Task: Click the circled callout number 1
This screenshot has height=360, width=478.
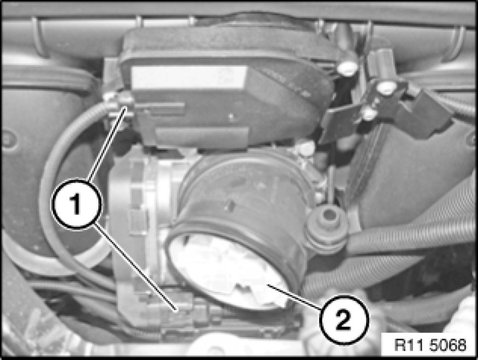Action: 76,204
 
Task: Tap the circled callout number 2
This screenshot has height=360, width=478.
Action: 344,320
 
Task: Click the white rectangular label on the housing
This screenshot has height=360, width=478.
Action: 189,78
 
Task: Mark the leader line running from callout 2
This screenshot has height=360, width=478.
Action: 293,297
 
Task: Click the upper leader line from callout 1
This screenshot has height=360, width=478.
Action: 107,144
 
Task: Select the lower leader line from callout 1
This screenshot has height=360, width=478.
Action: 135,268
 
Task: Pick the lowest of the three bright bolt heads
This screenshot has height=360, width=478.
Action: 369,114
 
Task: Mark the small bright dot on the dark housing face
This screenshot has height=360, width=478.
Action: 231,116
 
